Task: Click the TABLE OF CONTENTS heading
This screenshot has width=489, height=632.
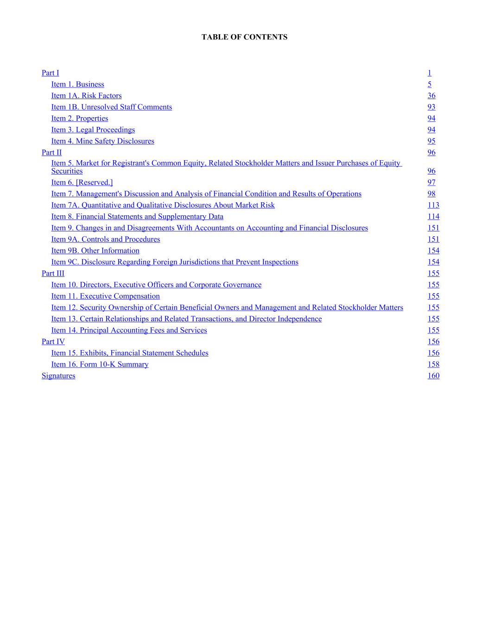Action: coord(244,37)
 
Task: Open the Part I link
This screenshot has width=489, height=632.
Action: coord(50,73)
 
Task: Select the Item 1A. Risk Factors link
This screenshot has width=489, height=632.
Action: coord(86,95)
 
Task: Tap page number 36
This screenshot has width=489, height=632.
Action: coord(431,95)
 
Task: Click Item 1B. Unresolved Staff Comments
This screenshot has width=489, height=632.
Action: coord(111,107)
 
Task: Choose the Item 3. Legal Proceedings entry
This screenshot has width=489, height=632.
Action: coord(93,130)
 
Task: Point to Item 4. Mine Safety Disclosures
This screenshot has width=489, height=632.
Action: coord(102,141)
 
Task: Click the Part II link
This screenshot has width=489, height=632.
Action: coord(51,152)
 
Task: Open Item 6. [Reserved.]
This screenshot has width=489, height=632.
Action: coord(82,182)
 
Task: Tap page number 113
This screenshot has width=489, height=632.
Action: coord(433,205)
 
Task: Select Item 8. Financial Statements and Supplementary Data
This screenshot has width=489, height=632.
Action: coord(137,217)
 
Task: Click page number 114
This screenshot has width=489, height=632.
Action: coord(433,217)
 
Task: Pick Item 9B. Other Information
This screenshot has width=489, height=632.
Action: coord(95,250)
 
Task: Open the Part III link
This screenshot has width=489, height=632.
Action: coord(53,273)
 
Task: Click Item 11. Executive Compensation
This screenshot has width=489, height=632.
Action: coord(105,296)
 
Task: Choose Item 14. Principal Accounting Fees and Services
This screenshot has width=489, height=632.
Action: coord(129,330)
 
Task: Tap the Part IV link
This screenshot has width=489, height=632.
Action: coord(53,342)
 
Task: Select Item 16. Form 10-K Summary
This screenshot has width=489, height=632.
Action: coord(100,364)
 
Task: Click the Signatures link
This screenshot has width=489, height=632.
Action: coord(58,376)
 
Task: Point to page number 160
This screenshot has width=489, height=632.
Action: coord(433,376)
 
